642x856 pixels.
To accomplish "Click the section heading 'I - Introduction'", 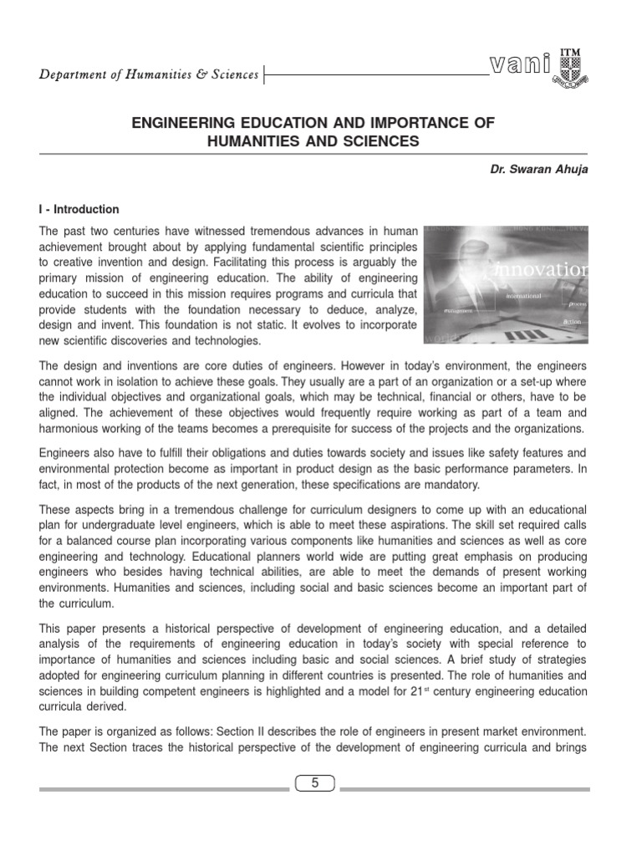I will pyautogui.click(x=79, y=210).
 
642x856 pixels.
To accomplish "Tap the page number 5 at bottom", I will pyautogui.click(x=314, y=783).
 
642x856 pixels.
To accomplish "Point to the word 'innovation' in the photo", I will pyautogui.click(x=543, y=270).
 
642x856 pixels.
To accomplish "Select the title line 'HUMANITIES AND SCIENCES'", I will pyautogui.click(x=313, y=142).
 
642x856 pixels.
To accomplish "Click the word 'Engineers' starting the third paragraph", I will pyautogui.click(x=68, y=452).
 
